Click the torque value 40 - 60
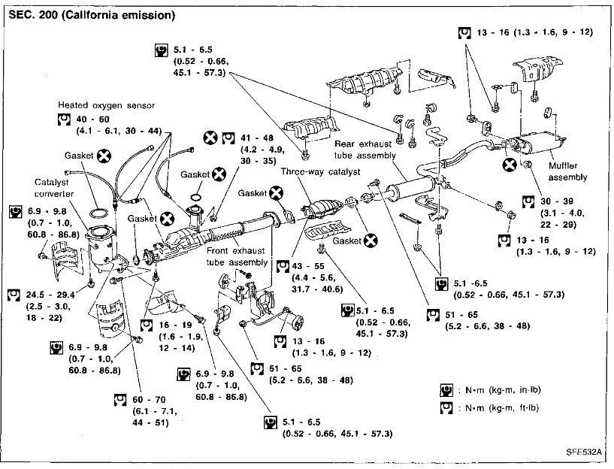pyautogui.click(x=92, y=119)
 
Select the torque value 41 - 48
pyautogui.click(x=256, y=138)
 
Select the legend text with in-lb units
pyautogui.click(x=502, y=390)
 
